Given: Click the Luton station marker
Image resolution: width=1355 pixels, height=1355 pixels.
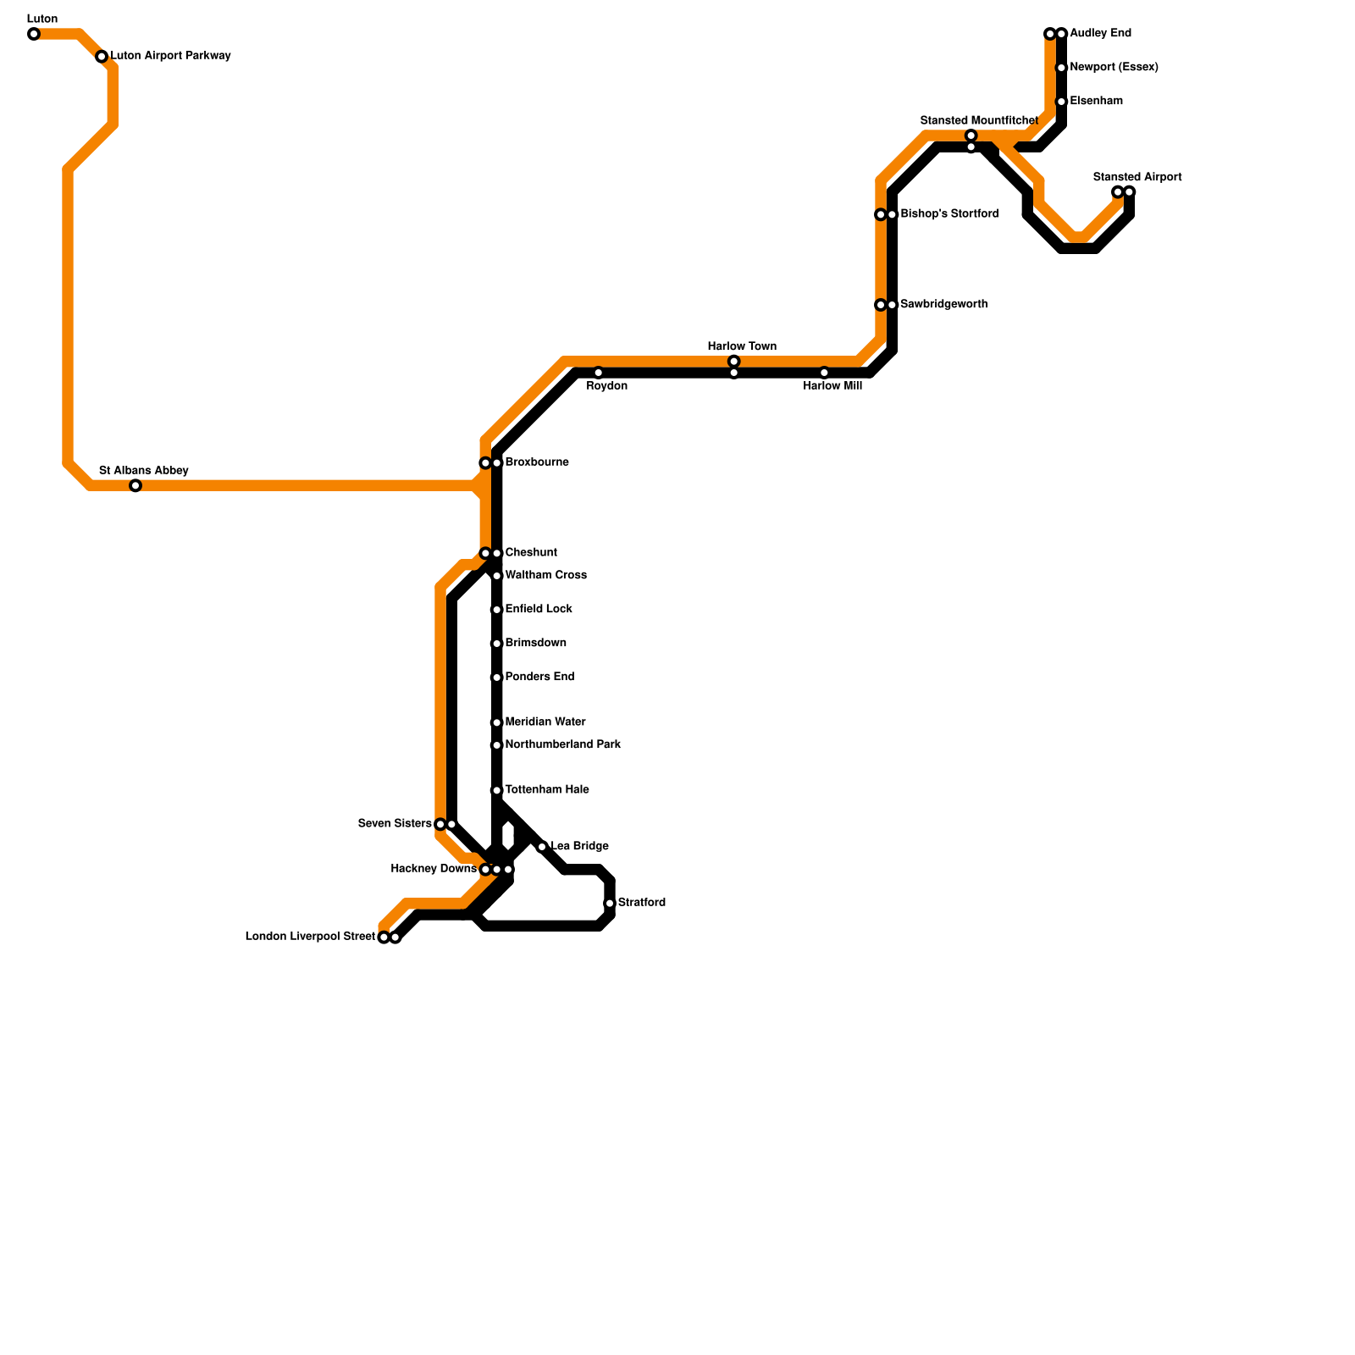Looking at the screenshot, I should click(34, 34).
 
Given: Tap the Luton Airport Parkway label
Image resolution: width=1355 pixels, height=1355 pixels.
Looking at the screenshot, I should click(170, 56).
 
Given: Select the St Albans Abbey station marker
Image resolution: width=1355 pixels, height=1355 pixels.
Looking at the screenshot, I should click(135, 485).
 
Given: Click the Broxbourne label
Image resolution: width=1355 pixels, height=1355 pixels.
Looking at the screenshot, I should click(536, 462).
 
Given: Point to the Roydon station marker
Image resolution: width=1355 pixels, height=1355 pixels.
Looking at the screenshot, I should click(598, 373).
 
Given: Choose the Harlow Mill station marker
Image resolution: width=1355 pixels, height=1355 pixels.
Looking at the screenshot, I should click(824, 373).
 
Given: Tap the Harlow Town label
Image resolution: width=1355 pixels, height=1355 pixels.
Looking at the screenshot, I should click(742, 346).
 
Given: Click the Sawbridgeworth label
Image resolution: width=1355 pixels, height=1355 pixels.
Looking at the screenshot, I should click(943, 304).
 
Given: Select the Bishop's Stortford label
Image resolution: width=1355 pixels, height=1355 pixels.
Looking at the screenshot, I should click(949, 213).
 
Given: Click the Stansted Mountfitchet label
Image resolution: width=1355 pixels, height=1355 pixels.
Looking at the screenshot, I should click(979, 120).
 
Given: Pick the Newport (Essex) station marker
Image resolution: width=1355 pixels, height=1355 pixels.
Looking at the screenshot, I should click(1061, 68).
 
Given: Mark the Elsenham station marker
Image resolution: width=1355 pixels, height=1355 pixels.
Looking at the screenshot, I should click(1061, 102).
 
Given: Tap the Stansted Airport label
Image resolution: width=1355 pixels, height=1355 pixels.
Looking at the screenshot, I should click(1137, 177).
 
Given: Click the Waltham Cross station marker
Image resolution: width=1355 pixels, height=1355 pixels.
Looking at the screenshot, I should click(497, 576).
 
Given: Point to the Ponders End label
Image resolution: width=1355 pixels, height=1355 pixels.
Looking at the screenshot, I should click(539, 677).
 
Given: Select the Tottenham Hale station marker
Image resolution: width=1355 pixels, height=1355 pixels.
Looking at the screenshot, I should click(497, 790).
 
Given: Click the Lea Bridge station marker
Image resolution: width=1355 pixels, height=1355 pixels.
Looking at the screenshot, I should click(542, 847).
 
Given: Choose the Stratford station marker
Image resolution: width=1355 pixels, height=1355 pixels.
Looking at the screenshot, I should click(610, 904).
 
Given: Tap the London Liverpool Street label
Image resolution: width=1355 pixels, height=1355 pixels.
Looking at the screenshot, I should click(310, 937).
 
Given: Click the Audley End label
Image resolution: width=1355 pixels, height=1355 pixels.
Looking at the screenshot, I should click(1100, 33).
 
